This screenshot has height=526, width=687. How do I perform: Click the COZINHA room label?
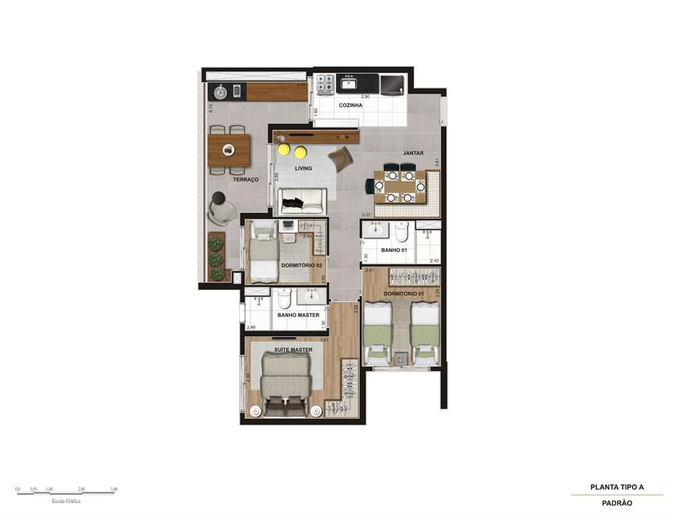pyautogui.click(x=351, y=104)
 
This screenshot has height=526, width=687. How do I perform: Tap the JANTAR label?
pyautogui.click(x=413, y=153)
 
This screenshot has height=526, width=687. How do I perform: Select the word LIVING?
pyautogui.click(x=303, y=168)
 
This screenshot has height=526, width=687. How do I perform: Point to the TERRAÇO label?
pyautogui.click(x=245, y=180)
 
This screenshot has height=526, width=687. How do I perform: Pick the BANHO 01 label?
pyautogui.click(x=394, y=250)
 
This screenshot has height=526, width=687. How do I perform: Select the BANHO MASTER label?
pyautogui.click(x=298, y=315)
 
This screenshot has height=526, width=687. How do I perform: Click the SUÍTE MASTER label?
pyautogui.click(x=293, y=350)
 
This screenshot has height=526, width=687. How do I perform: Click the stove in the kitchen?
pyautogui.click(x=326, y=84)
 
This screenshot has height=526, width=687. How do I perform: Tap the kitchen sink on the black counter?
pyautogui.click(x=349, y=84)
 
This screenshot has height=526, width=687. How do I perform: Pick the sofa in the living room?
pyautogui.click(x=301, y=201)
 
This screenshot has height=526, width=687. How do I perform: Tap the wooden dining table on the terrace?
pyautogui.click(x=229, y=150)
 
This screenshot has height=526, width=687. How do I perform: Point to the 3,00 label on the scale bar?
pyautogui.click(x=114, y=490)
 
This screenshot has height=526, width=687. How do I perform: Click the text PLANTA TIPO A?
pyautogui.click(x=617, y=487)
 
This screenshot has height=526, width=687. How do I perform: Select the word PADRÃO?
pyautogui.click(x=617, y=503)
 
